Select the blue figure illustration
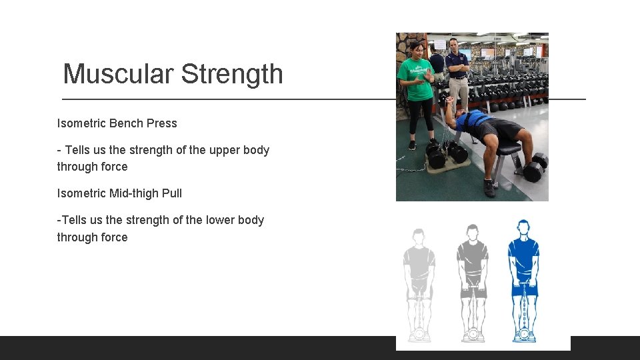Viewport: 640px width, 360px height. coord(523,280)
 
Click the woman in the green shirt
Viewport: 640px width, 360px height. coord(417,87)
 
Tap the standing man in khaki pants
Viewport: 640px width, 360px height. coord(457,73)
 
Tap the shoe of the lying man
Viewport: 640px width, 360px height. coord(490,188)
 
